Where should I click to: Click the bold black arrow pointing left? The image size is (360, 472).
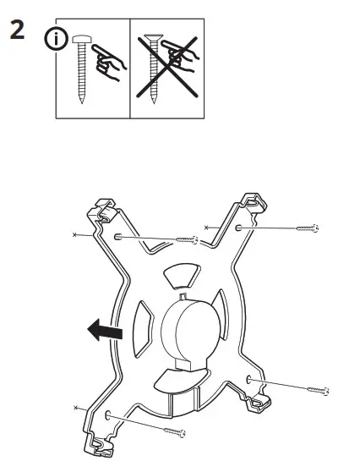coord(104,331)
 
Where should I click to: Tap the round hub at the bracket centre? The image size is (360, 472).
coord(185,329)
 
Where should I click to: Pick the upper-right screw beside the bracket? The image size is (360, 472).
coord(307,228)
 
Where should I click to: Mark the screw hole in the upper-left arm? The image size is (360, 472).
coord(118,238)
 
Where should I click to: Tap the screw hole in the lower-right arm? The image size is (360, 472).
coord(250,379)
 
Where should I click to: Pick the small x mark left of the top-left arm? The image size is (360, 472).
coord(76,233)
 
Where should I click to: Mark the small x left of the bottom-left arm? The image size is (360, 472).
coord(75,409)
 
